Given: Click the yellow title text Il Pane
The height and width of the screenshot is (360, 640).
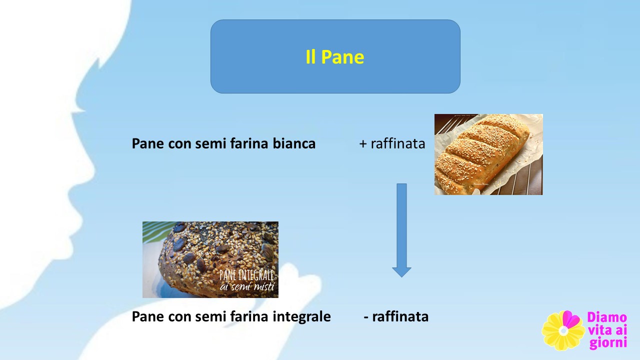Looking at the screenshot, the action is tap(335, 57).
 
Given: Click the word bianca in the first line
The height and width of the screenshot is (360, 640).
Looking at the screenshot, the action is tap(294, 143).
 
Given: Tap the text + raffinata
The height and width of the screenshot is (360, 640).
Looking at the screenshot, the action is tap(392, 143).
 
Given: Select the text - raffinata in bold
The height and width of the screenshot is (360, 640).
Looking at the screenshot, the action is tap(396, 316).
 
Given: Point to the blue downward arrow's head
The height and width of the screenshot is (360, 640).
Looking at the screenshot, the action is tap(401, 272).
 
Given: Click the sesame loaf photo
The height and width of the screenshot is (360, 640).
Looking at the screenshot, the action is tap(488, 154).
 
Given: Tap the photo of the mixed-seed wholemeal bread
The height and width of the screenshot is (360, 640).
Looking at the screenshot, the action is tap(210, 259).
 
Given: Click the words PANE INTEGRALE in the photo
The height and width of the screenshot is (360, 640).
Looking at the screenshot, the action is tap(246, 275).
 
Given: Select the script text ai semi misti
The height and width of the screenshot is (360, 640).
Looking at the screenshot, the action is tap(247, 286).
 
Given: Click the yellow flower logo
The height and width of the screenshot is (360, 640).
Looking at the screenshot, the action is tap(563, 330).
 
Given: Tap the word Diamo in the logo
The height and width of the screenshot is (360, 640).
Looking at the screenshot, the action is tap(607, 317).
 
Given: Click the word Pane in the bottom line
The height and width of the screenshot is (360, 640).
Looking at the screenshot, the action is tap(147, 316).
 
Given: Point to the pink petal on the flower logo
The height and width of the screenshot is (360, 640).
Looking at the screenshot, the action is tap(571, 319).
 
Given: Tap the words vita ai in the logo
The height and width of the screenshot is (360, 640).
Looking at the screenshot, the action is tap(607, 330).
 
